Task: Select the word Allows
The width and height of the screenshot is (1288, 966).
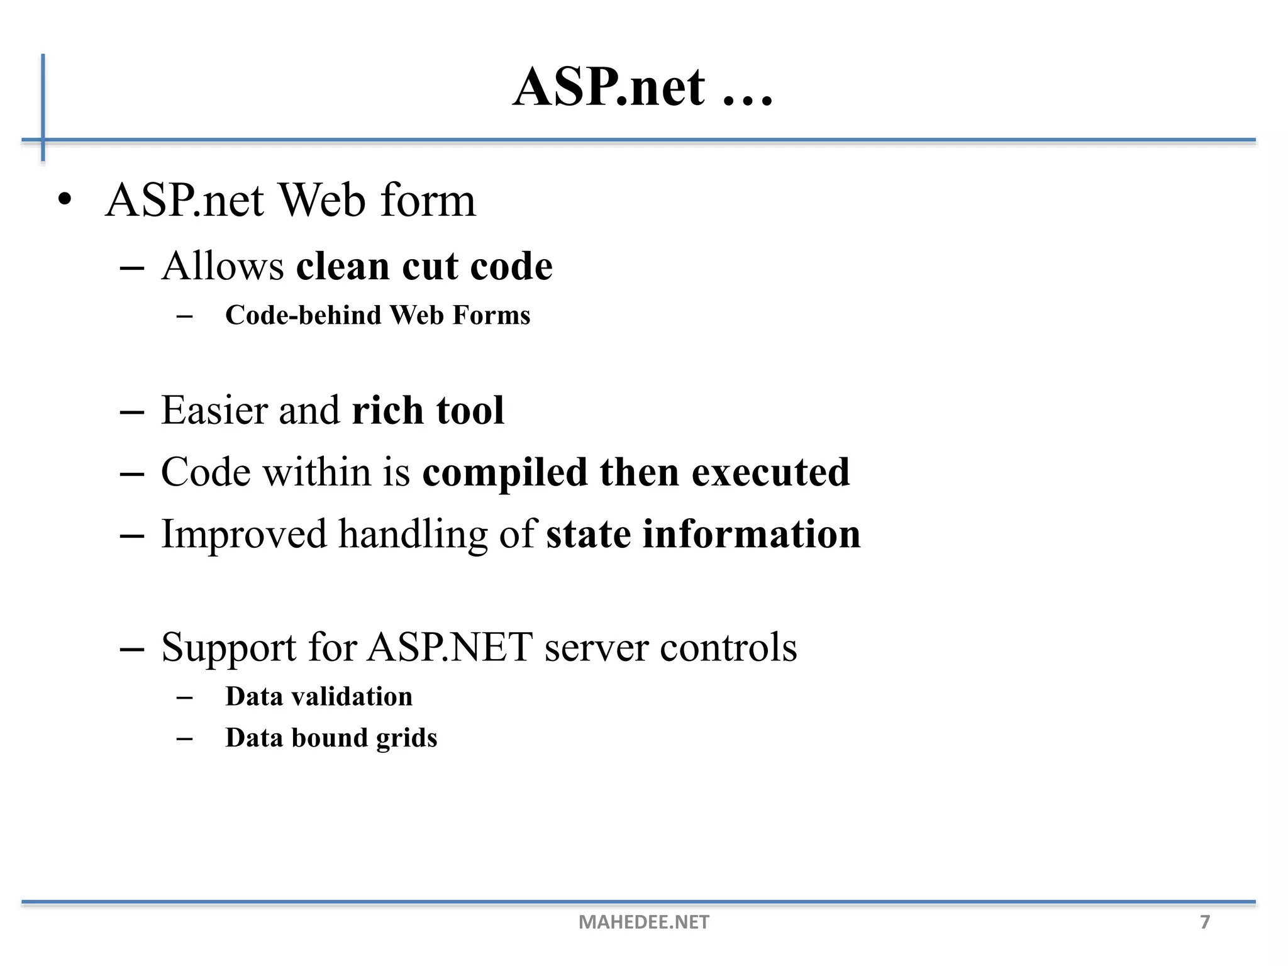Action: pyautogui.click(x=223, y=266)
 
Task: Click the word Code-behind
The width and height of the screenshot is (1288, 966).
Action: pyautogui.click(x=303, y=315)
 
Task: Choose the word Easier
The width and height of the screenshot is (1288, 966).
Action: pyautogui.click(x=214, y=410)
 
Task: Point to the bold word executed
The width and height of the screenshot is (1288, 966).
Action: pyautogui.click(x=770, y=472)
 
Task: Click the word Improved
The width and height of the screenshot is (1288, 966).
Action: pyautogui.click(x=244, y=534)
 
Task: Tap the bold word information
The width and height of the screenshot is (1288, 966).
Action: pyautogui.click(x=752, y=534)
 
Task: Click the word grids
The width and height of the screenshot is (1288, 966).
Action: pyautogui.click(x=406, y=738)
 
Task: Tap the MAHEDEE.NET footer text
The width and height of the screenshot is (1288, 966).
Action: pyautogui.click(x=643, y=922)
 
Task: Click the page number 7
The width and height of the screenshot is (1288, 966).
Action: pyautogui.click(x=1205, y=922)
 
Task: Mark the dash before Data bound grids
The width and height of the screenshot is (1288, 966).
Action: pyautogui.click(x=184, y=738)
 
